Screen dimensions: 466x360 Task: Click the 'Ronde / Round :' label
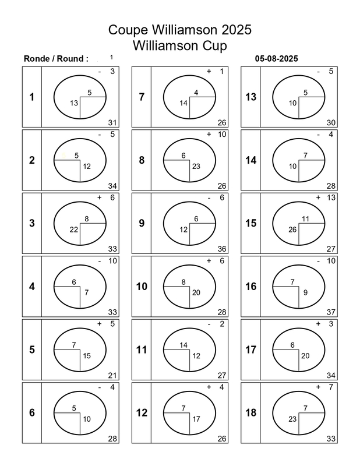click(x=56, y=58)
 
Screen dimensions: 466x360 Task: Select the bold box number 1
click(x=31, y=97)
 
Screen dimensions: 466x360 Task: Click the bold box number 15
click(x=250, y=223)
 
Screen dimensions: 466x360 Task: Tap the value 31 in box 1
click(x=112, y=122)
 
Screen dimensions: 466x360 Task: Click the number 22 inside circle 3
click(x=74, y=230)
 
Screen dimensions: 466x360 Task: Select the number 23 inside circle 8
click(x=196, y=166)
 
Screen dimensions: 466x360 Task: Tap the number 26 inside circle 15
click(x=293, y=230)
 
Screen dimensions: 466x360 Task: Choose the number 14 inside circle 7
click(x=183, y=103)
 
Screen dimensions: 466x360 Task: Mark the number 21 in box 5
click(x=112, y=375)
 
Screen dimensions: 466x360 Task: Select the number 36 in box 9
click(x=222, y=249)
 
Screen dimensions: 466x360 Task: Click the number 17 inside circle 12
click(x=196, y=418)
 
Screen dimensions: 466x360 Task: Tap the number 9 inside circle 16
click(x=305, y=292)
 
